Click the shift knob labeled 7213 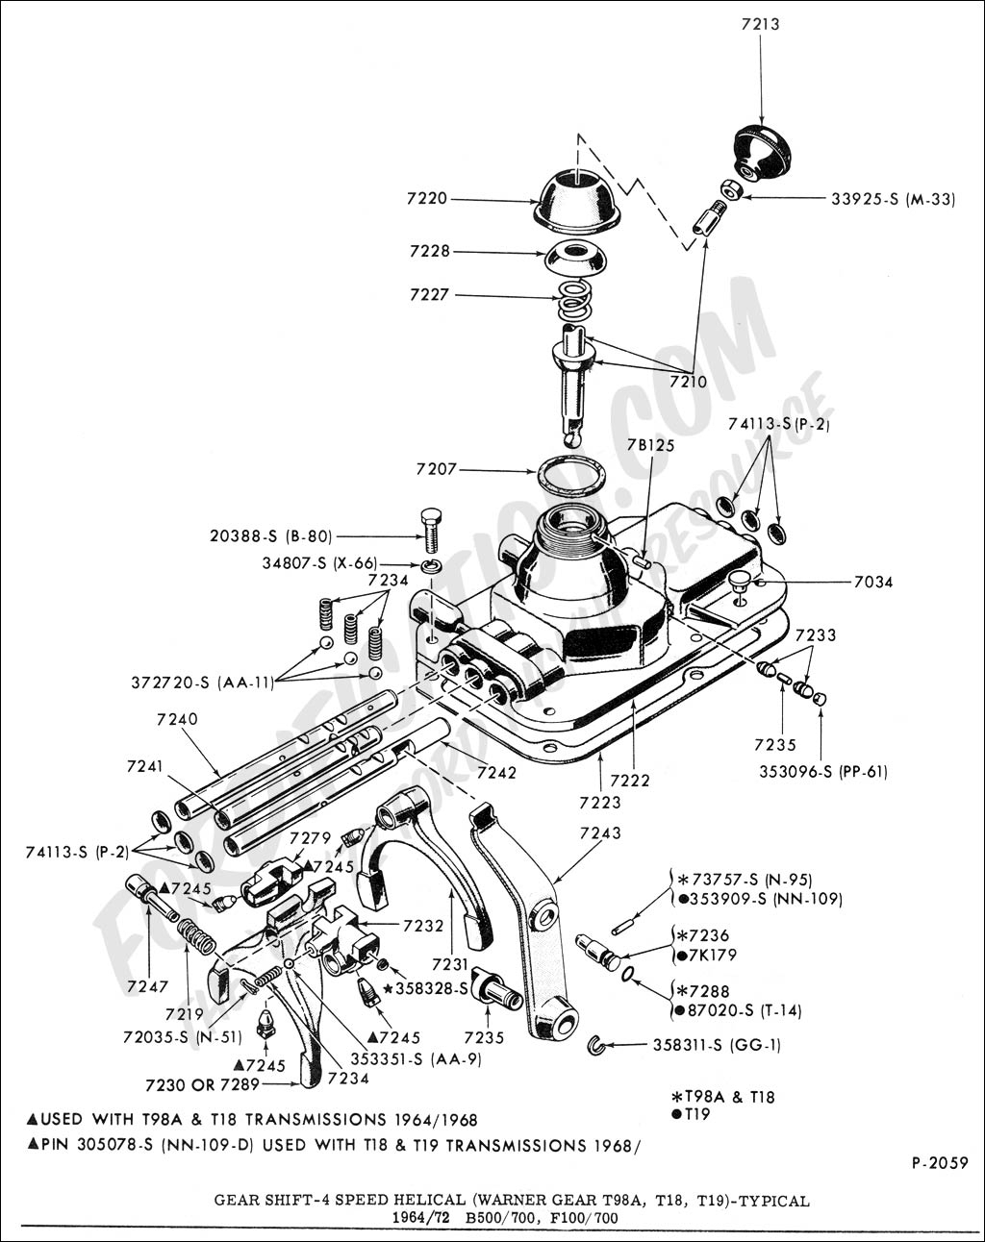[761, 152]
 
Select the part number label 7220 [426, 199]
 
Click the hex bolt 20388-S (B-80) [431, 529]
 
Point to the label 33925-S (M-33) [893, 200]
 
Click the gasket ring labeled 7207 [571, 475]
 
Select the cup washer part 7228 [575, 258]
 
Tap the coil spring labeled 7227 [575, 300]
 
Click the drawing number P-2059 [939, 1162]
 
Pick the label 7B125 [650, 445]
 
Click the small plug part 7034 [739, 581]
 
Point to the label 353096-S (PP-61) [821, 771]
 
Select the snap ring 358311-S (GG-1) [596, 1046]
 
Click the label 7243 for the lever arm [600, 832]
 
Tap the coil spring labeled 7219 [197, 936]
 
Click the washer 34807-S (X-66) [431, 564]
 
